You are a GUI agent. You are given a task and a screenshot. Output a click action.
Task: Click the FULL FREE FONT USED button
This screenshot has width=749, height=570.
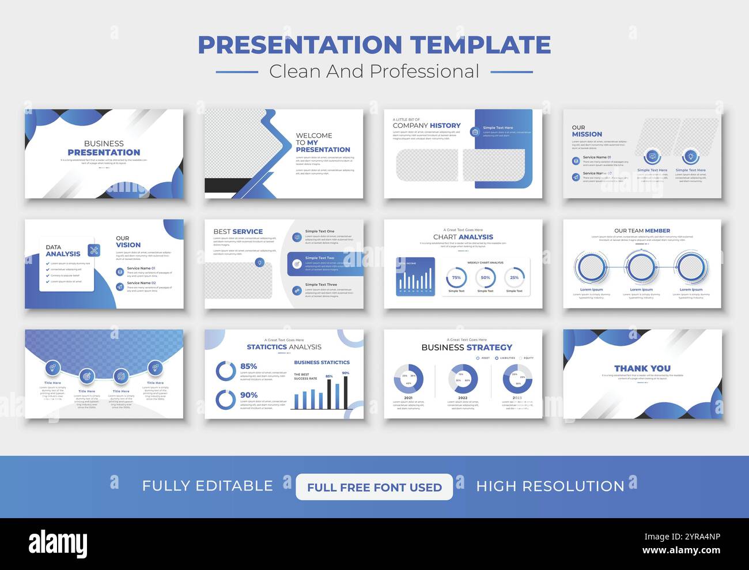click(x=374, y=487)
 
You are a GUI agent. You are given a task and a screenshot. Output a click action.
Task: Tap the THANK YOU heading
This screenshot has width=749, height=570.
click(x=642, y=368)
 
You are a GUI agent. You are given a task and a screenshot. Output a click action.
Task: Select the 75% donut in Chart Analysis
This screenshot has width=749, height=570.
click(x=456, y=278)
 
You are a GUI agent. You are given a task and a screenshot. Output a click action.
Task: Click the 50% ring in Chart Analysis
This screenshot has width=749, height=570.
click(x=485, y=278)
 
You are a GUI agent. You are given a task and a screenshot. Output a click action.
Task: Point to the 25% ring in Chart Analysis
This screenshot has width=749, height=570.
click(x=514, y=278)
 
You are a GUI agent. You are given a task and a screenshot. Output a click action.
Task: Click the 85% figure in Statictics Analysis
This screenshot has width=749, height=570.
click(x=249, y=366)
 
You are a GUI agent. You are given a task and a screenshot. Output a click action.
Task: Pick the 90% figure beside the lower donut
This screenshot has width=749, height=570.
click(x=249, y=395)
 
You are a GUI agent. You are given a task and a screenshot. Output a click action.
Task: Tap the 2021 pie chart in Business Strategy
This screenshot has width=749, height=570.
click(x=408, y=379)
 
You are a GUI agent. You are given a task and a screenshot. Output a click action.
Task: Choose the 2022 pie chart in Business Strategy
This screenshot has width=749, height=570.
click(x=463, y=379)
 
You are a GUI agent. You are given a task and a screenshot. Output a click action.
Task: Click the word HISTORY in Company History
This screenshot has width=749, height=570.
click(x=445, y=126)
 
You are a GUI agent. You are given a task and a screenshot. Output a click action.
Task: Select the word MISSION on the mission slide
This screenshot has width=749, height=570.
click(x=587, y=134)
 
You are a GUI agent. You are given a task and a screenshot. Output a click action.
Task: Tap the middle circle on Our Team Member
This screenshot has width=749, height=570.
click(x=641, y=267)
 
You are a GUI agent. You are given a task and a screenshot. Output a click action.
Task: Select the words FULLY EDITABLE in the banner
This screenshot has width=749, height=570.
click(x=207, y=486)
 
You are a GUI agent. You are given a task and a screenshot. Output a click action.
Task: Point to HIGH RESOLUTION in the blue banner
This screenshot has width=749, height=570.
click(x=550, y=486)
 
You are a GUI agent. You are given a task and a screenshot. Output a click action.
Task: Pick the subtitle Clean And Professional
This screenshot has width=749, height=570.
click(x=374, y=71)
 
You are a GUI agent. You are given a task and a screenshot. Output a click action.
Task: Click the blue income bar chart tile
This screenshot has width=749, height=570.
click(x=415, y=277)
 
